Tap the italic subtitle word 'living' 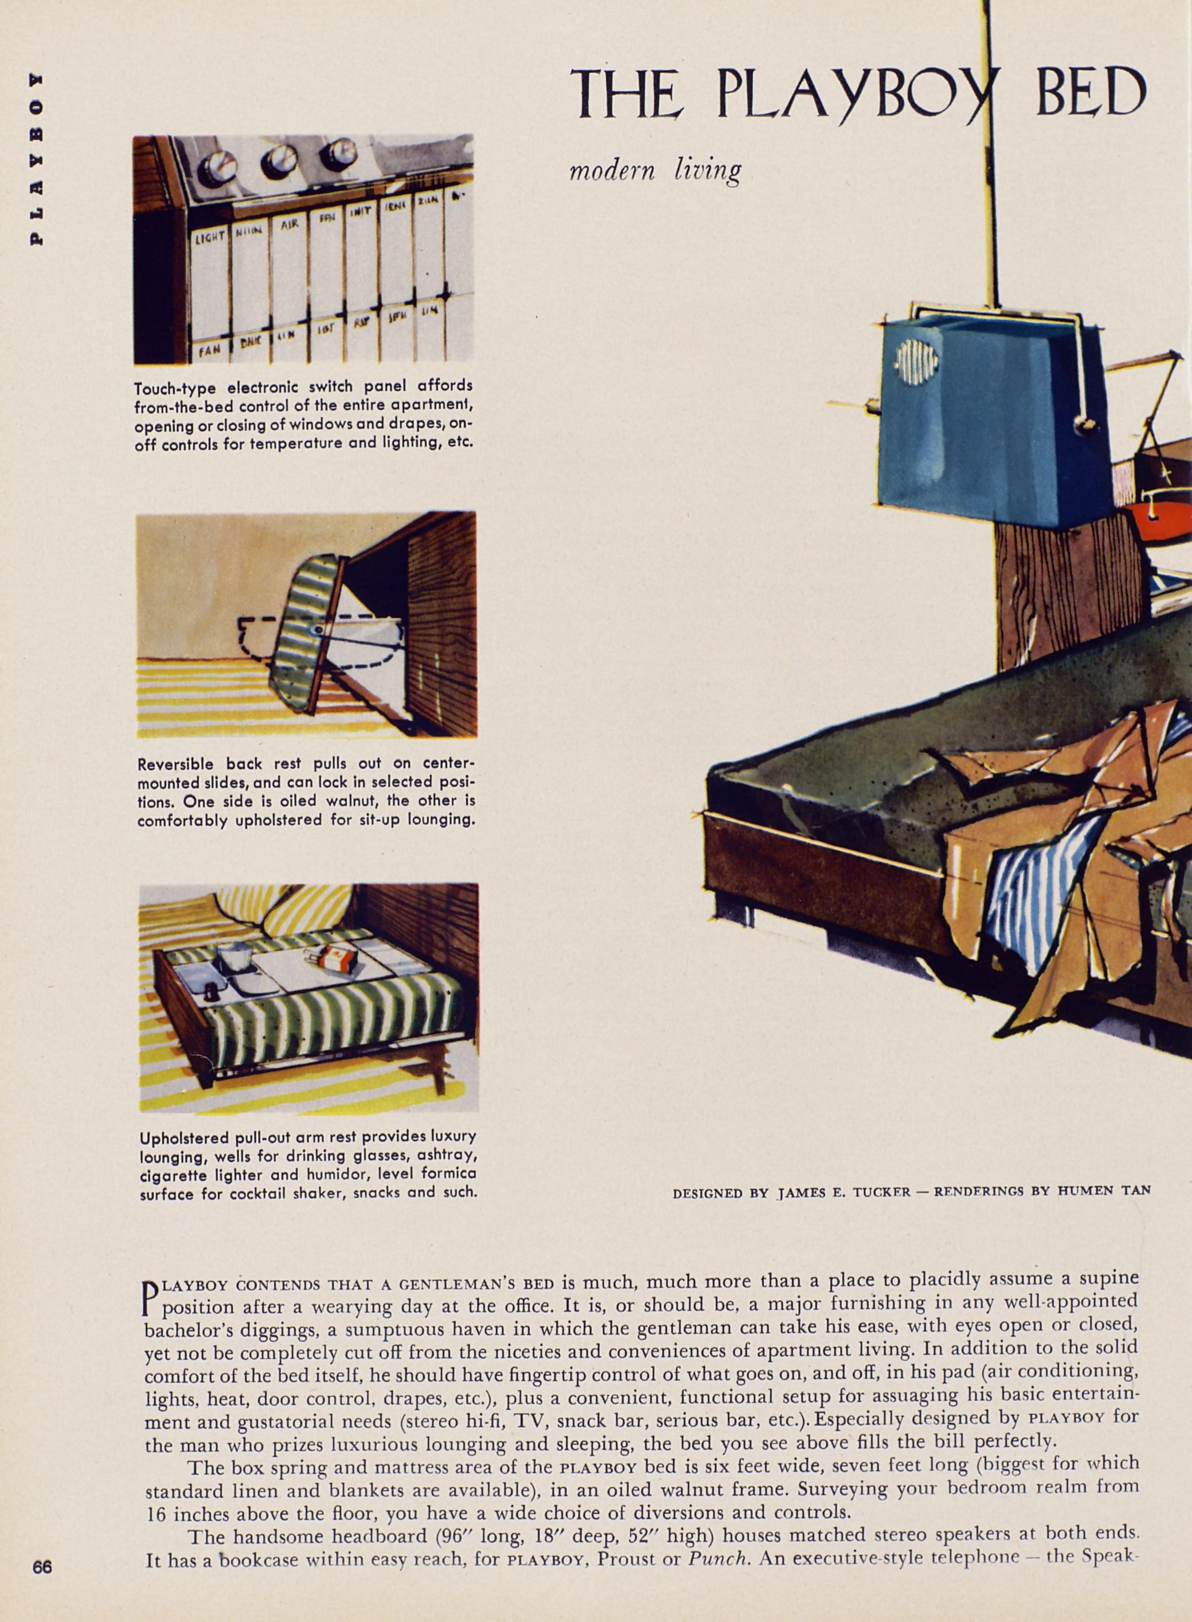707,171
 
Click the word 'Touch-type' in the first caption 175,388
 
